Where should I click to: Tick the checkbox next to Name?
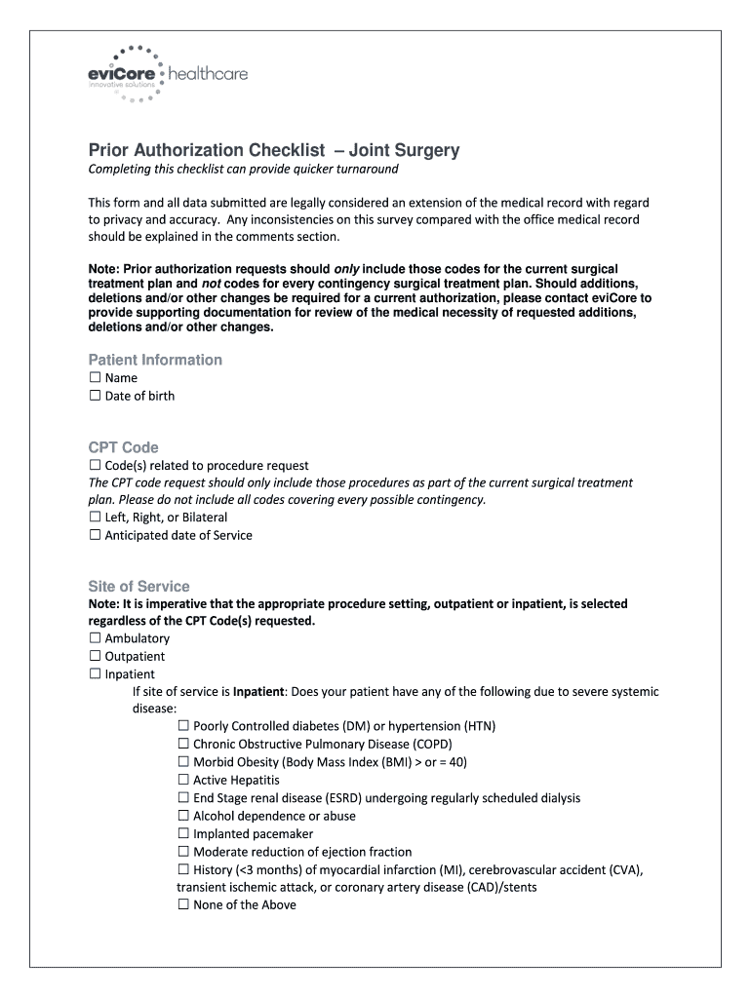[x=95, y=377]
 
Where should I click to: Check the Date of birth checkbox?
[x=95, y=396]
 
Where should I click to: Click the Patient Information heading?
[x=155, y=360]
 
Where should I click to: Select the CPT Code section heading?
[x=123, y=447]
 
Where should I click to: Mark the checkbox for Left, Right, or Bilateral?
[x=95, y=518]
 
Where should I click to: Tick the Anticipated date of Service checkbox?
[x=95, y=535]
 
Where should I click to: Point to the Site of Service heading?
[x=138, y=587]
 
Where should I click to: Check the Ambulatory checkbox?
[x=95, y=638]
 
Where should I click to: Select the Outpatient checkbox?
[x=95, y=656]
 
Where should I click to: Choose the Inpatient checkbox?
[x=95, y=673]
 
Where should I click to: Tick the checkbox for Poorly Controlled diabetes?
[x=183, y=726]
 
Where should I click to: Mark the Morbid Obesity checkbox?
[x=183, y=762]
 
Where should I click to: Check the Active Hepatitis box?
[x=183, y=780]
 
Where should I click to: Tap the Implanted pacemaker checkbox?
[x=183, y=834]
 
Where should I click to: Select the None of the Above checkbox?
[x=183, y=904]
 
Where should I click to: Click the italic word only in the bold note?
[x=348, y=268]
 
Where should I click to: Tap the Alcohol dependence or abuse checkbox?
[x=183, y=816]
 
